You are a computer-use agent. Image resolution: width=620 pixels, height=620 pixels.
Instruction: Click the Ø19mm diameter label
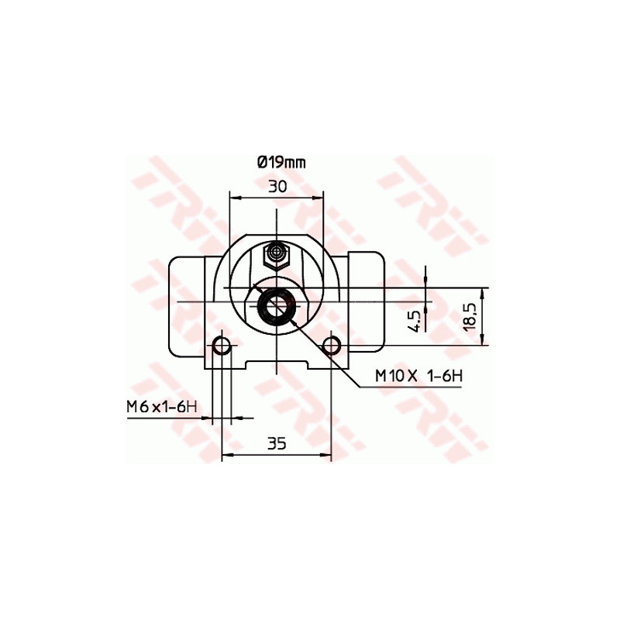(281, 162)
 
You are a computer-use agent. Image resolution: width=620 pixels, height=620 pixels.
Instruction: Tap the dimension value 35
(277, 443)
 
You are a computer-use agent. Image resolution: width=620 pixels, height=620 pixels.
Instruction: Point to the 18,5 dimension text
(467, 316)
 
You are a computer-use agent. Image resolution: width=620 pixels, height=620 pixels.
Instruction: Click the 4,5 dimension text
(414, 319)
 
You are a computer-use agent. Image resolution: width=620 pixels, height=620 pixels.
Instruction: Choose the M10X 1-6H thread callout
(418, 376)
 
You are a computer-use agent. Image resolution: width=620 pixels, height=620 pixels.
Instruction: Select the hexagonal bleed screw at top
(277, 253)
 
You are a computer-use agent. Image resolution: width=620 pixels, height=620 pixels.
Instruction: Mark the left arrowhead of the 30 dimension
(234, 198)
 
